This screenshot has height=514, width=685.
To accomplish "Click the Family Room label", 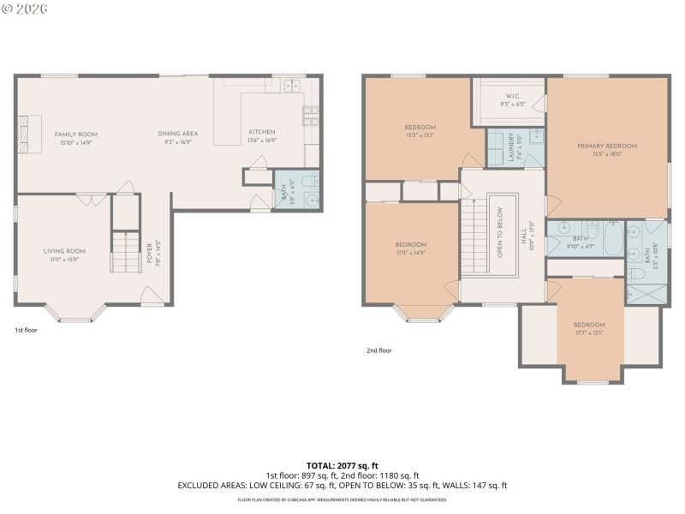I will (x=76, y=138).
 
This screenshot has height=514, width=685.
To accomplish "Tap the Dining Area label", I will (x=177, y=138).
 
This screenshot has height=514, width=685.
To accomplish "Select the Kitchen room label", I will (x=261, y=135).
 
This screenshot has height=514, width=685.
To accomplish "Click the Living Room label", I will (x=64, y=254).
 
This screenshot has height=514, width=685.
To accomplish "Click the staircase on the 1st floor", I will (x=125, y=251).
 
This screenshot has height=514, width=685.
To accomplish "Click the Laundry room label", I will (x=512, y=148).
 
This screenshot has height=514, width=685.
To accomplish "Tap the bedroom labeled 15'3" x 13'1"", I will (x=420, y=131).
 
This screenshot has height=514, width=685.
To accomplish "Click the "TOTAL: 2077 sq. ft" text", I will (x=342, y=466).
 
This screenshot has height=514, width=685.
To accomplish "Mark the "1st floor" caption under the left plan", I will (x=26, y=329).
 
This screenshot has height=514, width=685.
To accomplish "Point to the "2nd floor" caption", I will (x=378, y=350).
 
